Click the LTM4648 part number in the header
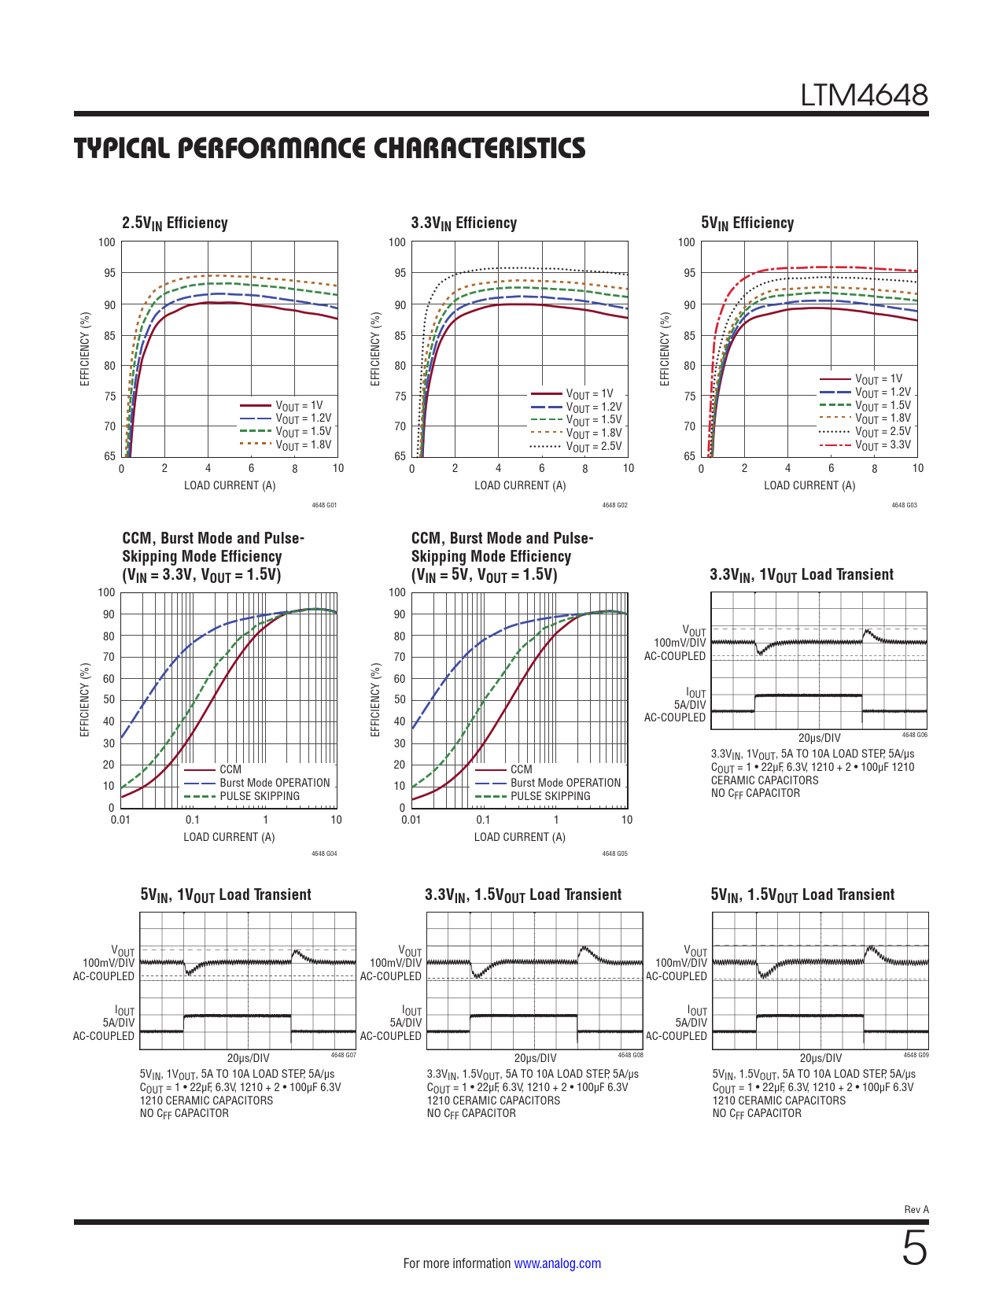pos(864,95)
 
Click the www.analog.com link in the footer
pos(557,1263)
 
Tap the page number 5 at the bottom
pos(914,1248)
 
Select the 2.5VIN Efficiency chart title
pos(175,223)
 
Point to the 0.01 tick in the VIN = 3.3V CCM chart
pos(120,820)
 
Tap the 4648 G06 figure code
pos(914,735)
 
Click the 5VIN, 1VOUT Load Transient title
pos(226,895)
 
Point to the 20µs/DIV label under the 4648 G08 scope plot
pos(535,1058)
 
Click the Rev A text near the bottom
pos(916,1209)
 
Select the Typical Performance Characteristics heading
pos(330,149)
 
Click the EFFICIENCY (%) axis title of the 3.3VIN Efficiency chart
pos(375,348)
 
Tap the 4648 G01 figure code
pos(324,505)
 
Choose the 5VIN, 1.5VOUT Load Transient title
pos(802,895)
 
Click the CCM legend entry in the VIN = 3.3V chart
pos(230,769)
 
